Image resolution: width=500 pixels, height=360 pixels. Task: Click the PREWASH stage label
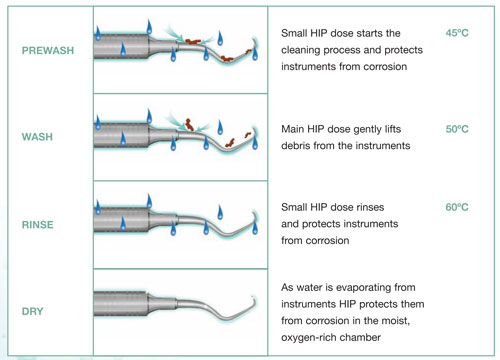pyautogui.click(x=48, y=50)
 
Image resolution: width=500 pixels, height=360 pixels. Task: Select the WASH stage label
pyautogui.click(x=37, y=137)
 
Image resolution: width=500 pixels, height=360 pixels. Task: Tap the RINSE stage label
pyautogui.click(x=37, y=224)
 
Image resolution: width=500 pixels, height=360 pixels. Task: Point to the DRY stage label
pyautogui.click(x=32, y=311)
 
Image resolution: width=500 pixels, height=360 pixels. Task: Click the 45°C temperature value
pyautogui.click(x=457, y=33)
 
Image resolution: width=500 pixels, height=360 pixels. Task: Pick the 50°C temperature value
pyautogui.click(x=457, y=129)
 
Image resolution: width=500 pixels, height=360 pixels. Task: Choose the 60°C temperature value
pyautogui.click(x=457, y=207)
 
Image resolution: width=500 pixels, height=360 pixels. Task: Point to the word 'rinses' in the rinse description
pyautogui.click(x=370, y=207)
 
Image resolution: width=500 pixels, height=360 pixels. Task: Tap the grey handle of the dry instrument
pyautogui.click(x=121, y=304)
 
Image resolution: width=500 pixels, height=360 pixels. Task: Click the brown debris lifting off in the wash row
pyautogui.click(x=189, y=124)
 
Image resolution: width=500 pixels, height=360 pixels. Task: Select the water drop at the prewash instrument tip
pyautogui.click(x=255, y=53)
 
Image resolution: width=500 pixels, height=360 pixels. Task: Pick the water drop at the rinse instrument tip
pyautogui.click(x=255, y=227)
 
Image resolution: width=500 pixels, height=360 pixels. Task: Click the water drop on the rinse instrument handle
pyautogui.click(x=123, y=223)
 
